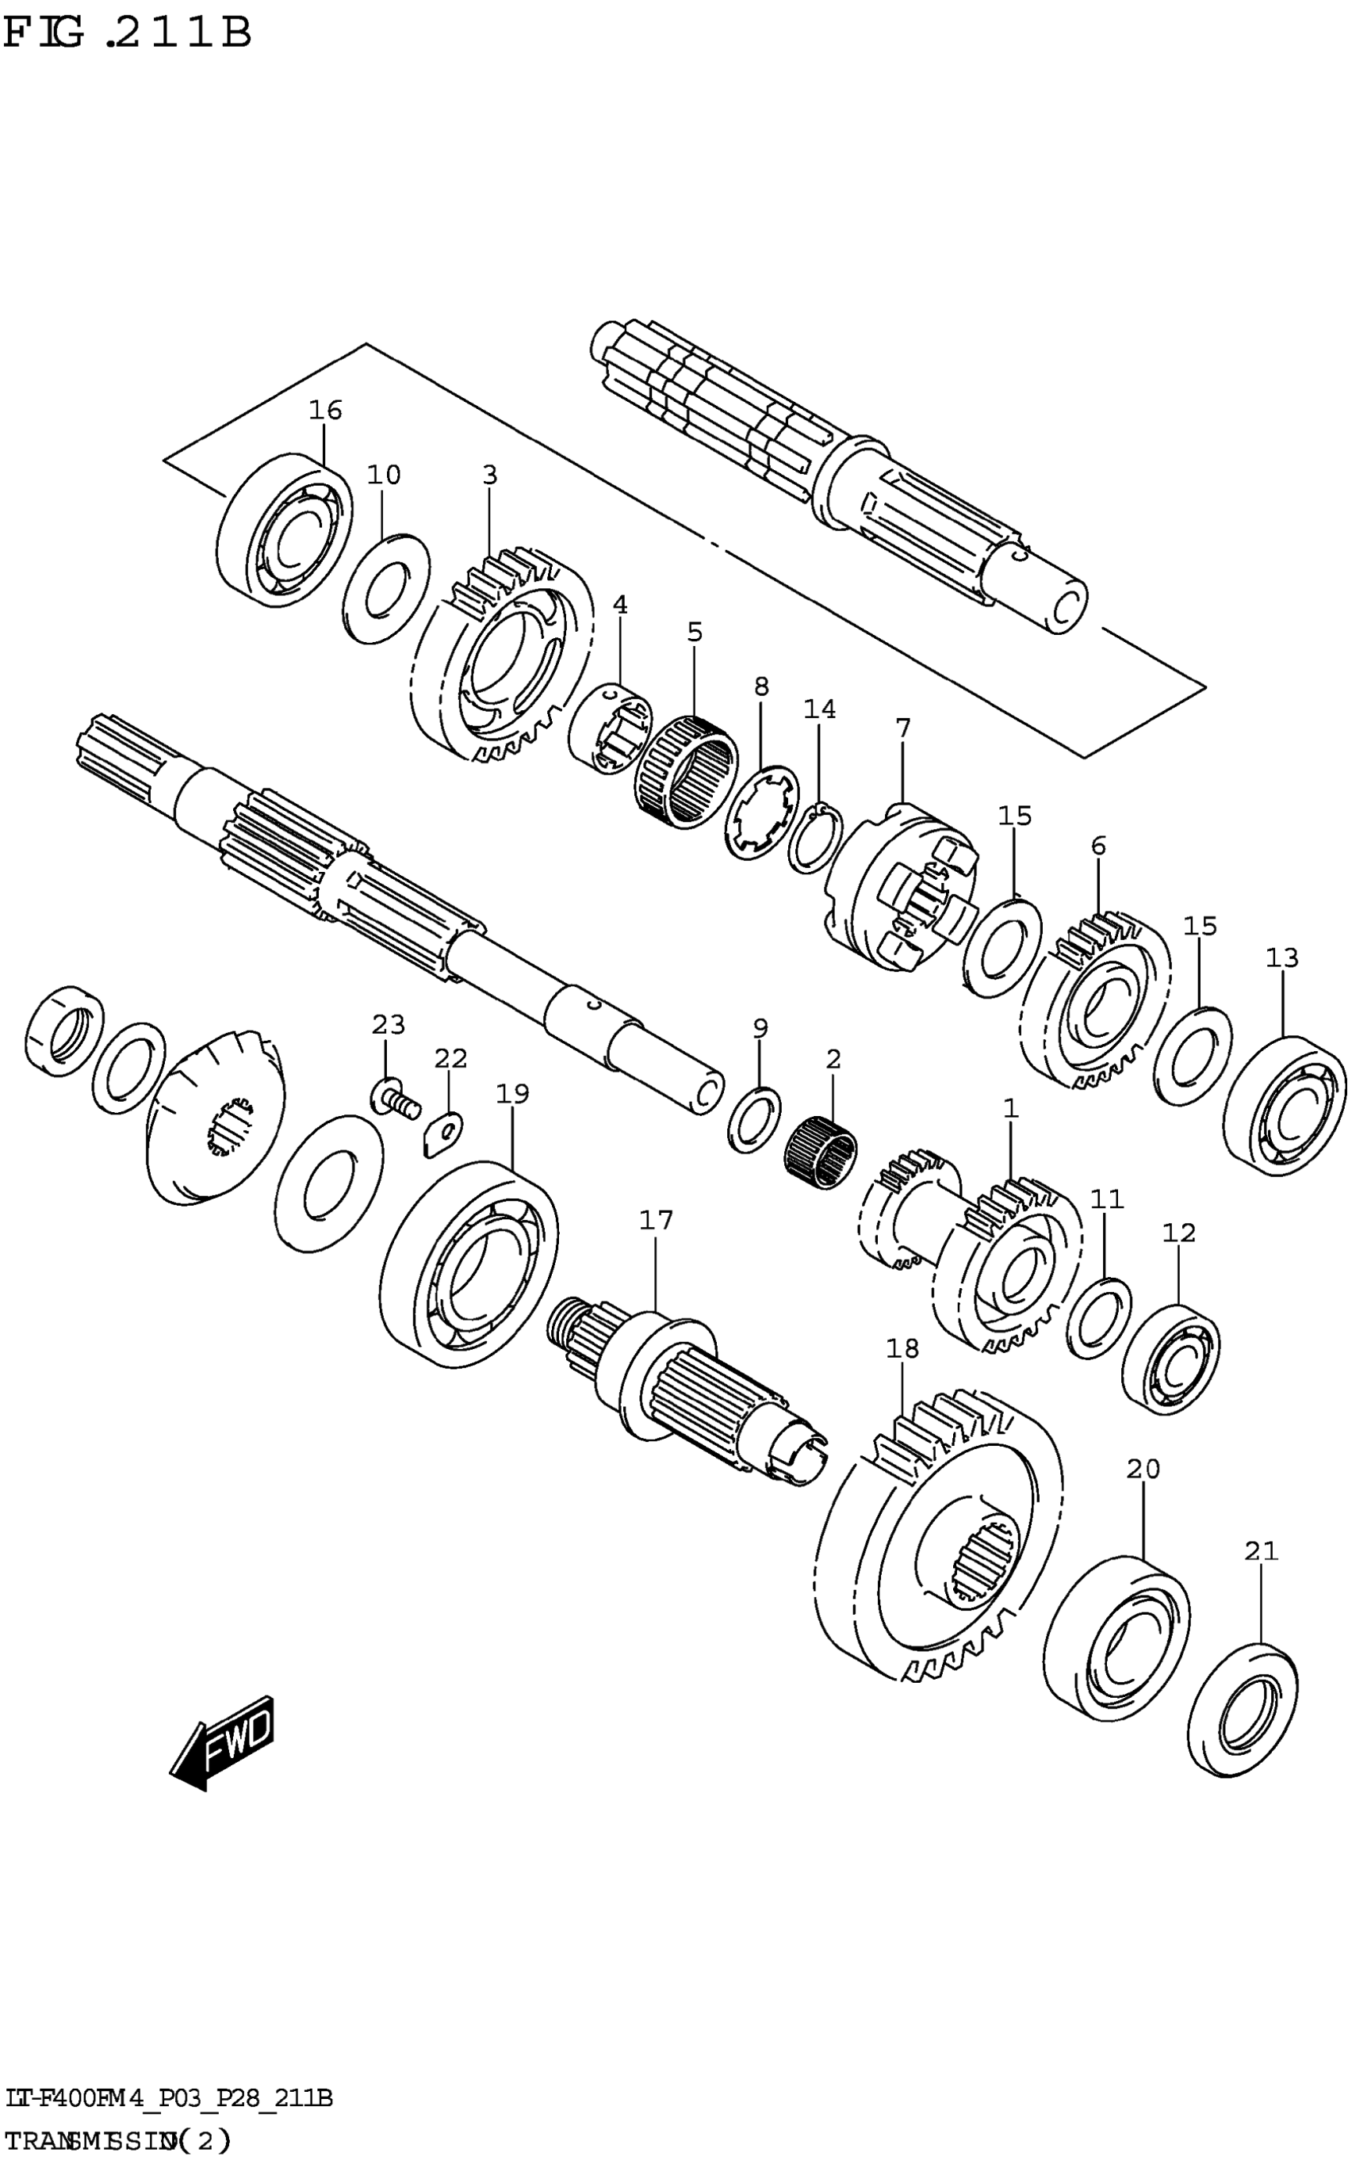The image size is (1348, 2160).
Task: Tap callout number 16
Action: tap(325, 410)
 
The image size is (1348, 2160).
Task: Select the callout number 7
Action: tap(902, 728)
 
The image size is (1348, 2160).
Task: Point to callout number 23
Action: tap(388, 1025)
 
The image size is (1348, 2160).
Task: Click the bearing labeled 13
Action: tap(1284, 1105)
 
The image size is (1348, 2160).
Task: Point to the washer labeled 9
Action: tap(754, 1119)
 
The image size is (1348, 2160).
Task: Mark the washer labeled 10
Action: tap(386, 588)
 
